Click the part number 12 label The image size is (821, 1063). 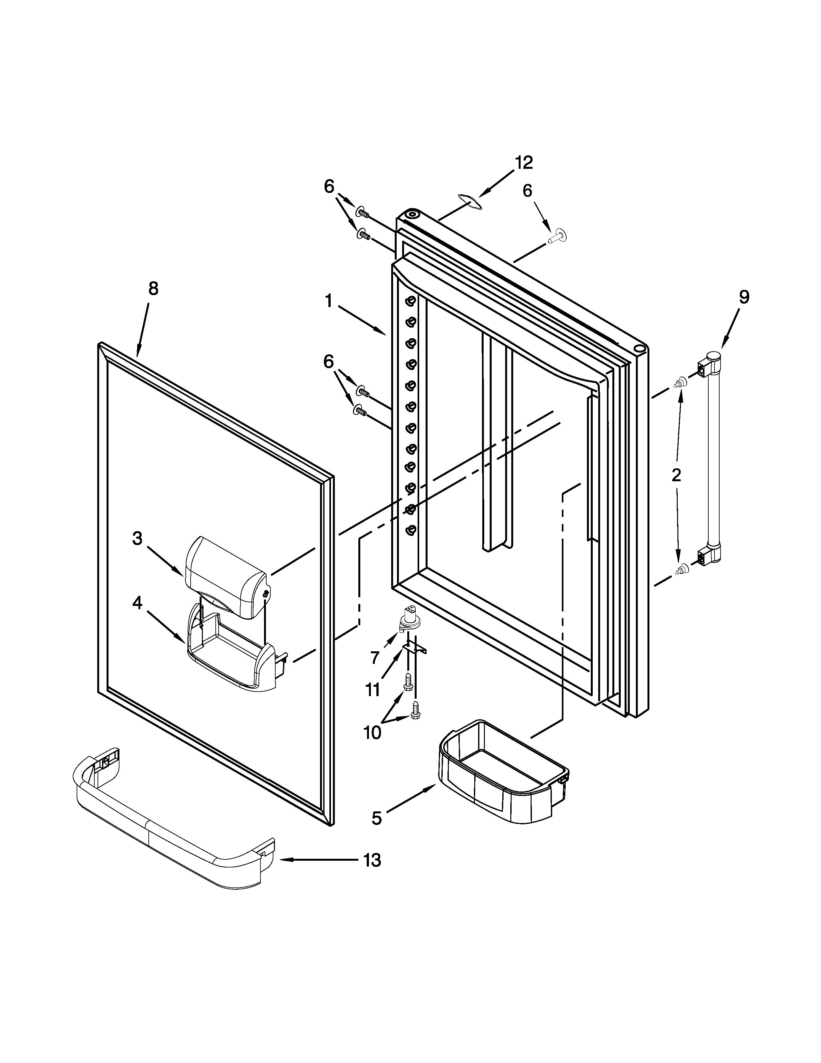(524, 163)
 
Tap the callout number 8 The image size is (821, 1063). (153, 289)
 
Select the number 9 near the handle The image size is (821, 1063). (744, 297)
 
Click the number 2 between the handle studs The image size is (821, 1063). (676, 475)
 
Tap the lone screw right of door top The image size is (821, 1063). (557, 237)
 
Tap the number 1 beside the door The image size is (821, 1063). (329, 301)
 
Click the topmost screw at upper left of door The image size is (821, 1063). (362, 213)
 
